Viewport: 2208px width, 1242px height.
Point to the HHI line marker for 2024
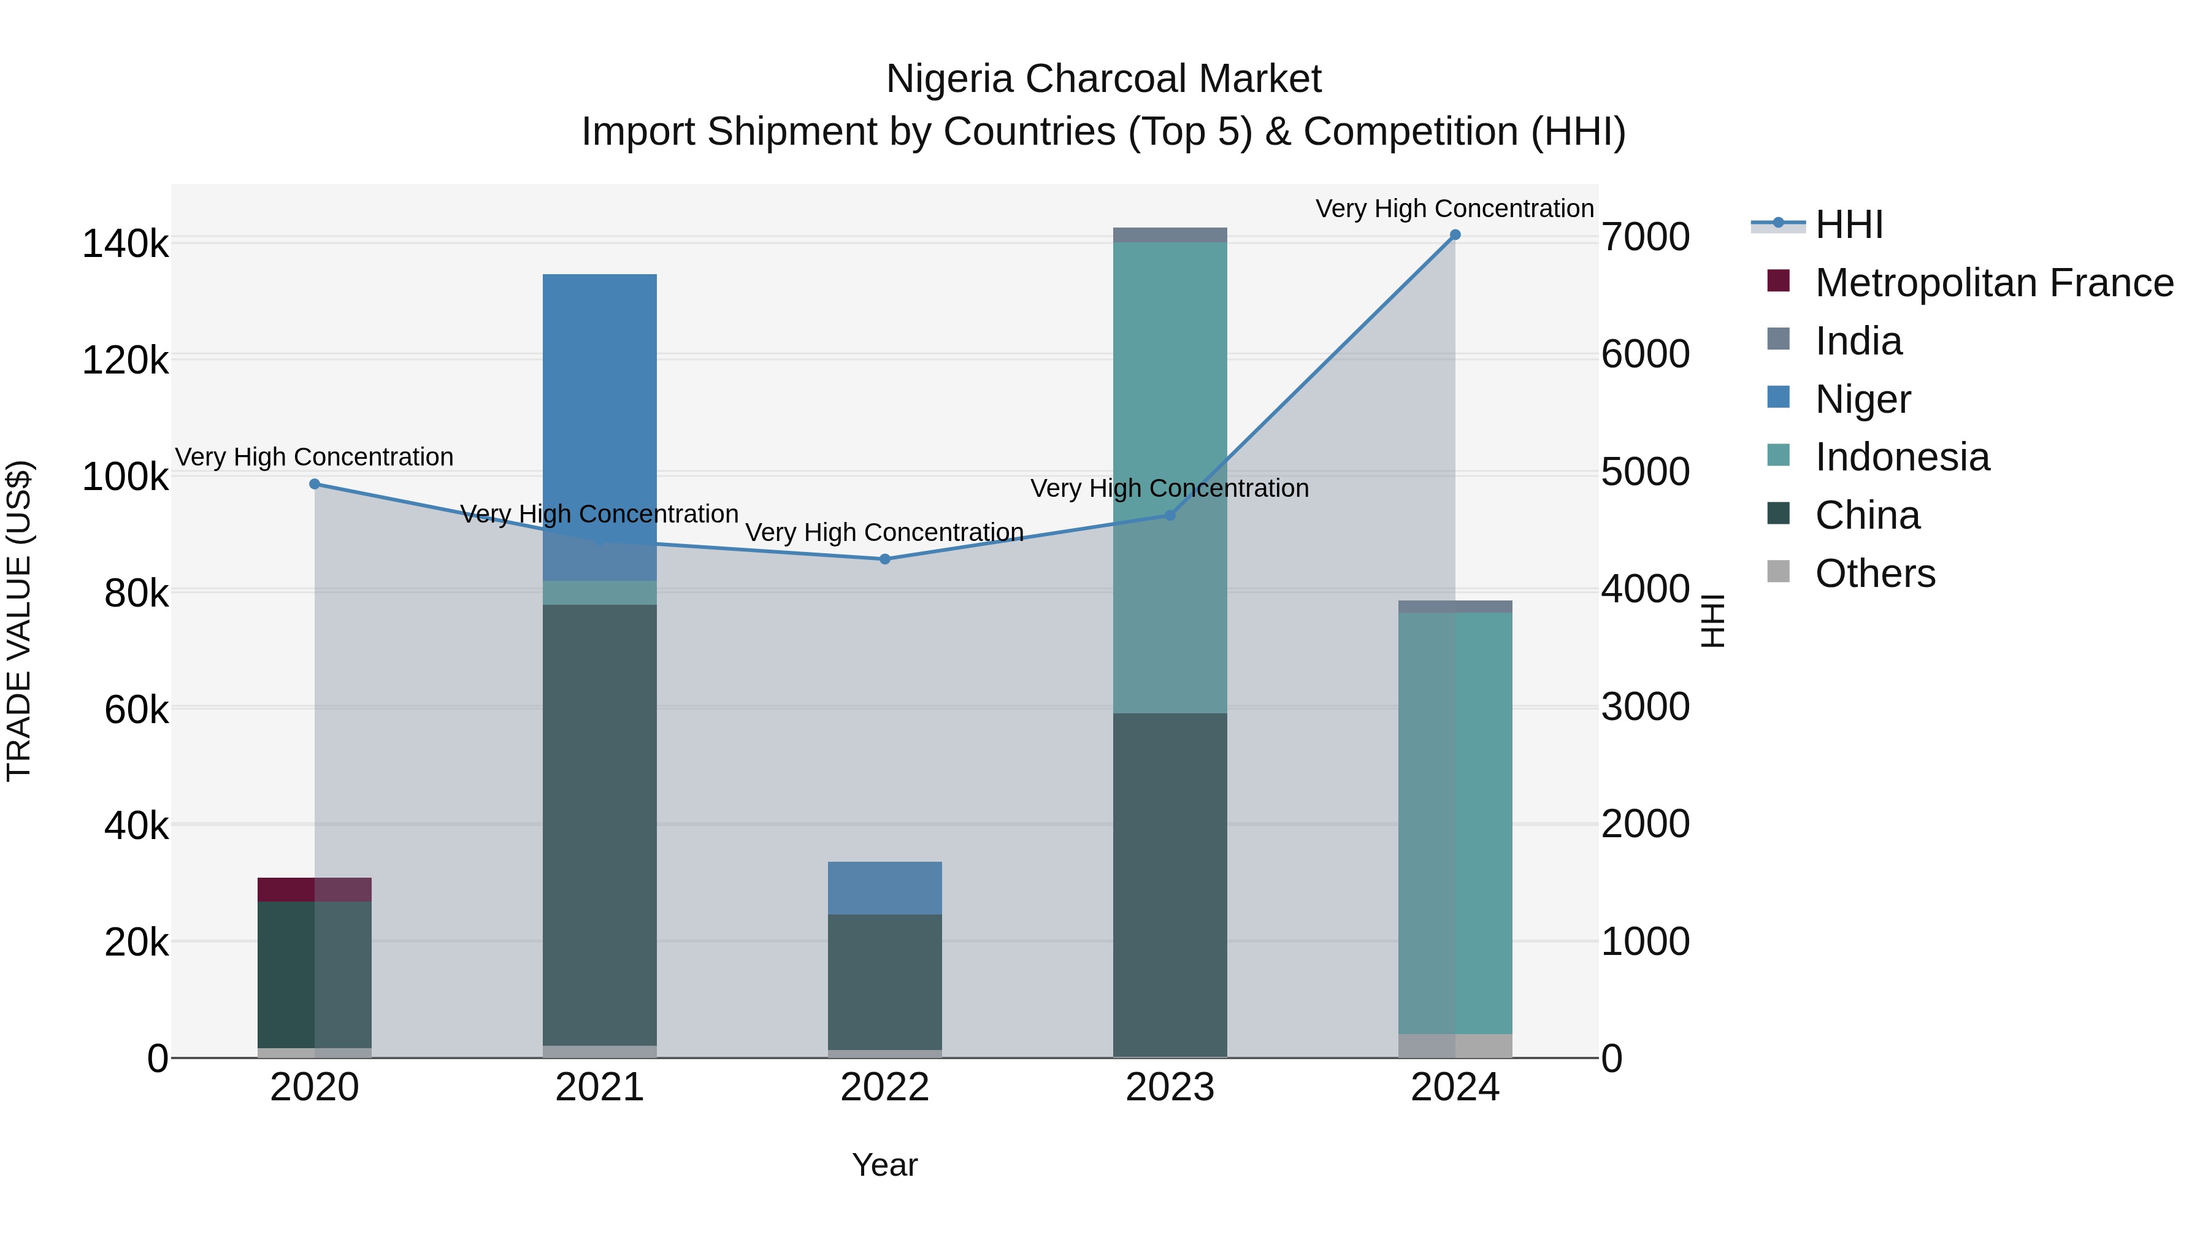[1455, 235]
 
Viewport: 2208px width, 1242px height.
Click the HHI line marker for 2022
[884, 559]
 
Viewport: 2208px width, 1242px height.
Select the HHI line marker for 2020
[315, 485]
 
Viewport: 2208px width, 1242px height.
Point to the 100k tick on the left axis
[125, 477]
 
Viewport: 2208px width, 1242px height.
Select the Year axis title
[884, 1165]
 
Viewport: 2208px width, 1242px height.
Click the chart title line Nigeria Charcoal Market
[1103, 79]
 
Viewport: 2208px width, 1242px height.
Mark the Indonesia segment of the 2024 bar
[1455, 823]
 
